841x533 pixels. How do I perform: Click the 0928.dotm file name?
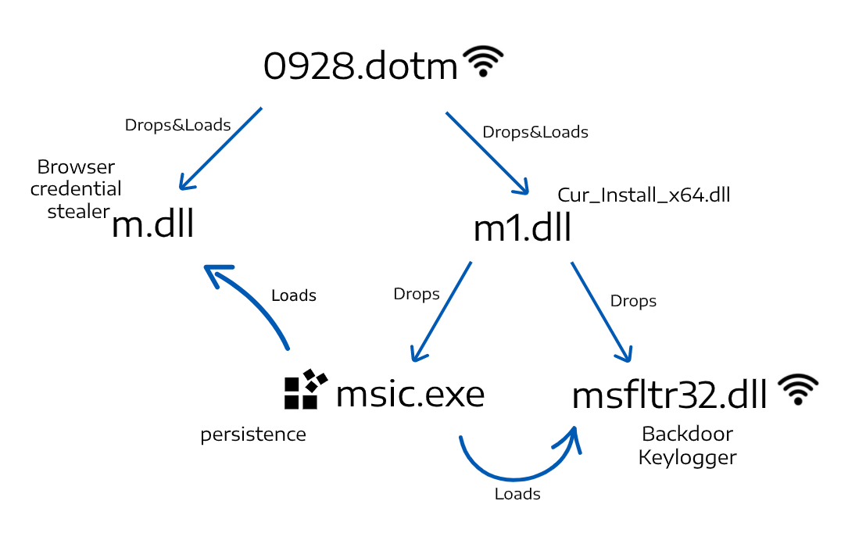point(360,66)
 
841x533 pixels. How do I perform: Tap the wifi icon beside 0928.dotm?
point(484,61)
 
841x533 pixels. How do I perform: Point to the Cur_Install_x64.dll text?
point(643,195)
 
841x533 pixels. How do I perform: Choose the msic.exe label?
point(410,394)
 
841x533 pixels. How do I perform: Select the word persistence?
point(253,435)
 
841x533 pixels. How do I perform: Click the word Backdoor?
point(687,434)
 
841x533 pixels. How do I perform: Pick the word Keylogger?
point(687,457)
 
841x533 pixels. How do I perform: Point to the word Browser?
point(76,166)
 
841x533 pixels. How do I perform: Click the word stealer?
point(78,211)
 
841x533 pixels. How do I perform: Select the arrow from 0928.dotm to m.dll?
point(220,148)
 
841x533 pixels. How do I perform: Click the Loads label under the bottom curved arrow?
point(517,494)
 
